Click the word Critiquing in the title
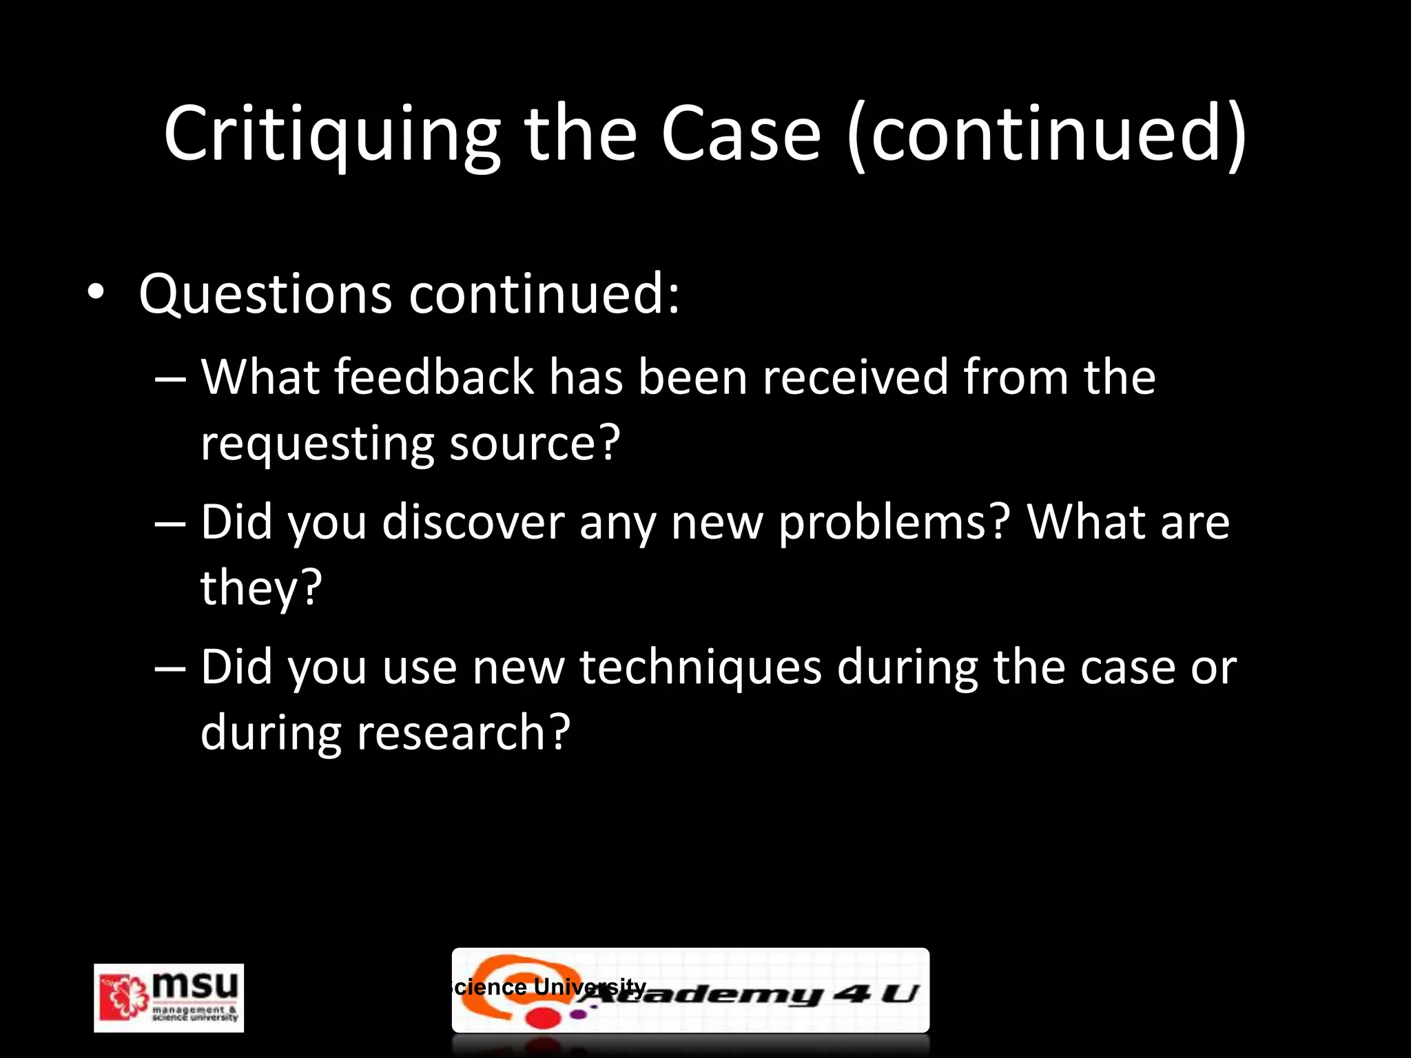(331, 134)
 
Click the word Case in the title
(741, 134)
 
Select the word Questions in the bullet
(265, 294)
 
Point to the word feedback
(434, 377)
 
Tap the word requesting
(317, 444)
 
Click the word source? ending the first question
(535, 443)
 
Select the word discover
(473, 522)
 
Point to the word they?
(261, 588)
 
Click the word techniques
(700, 668)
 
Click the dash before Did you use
(170, 669)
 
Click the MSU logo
(169, 997)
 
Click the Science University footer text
(548, 986)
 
